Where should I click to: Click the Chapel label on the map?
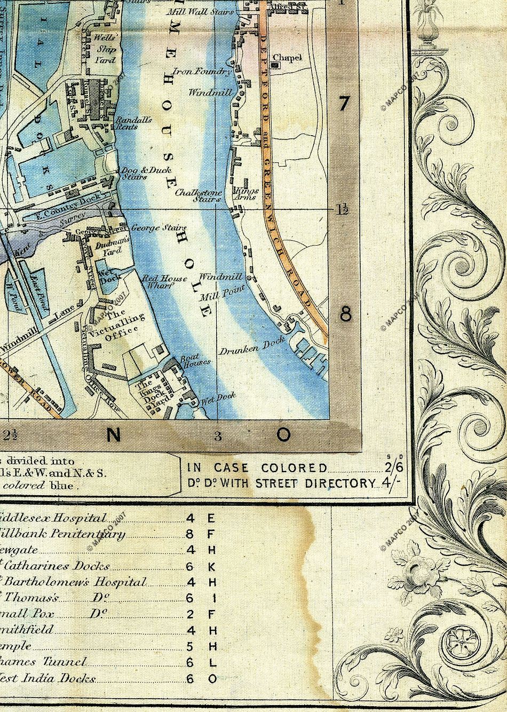point(288,57)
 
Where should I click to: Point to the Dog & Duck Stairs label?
point(139,173)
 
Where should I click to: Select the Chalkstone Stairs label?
point(198,195)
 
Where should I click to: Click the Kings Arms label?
point(247,193)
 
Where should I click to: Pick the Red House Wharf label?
point(164,281)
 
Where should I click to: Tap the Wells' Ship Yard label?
point(105,49)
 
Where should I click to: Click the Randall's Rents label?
point(134,123)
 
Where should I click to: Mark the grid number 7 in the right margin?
point(345,104)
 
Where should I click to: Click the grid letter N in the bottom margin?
point(113,435)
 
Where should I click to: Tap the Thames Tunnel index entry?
point(45,662)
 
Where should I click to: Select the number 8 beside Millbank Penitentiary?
point(191,534)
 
